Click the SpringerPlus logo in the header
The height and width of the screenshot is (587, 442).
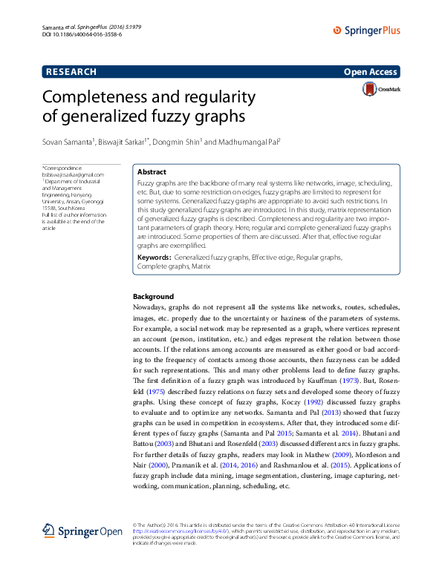tap(366, 30)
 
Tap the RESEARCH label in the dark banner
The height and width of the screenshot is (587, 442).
tap(71, 72)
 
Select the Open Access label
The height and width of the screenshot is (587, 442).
tap(371, 72)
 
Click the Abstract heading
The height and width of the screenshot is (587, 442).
tap(152, 171)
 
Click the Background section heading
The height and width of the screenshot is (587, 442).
tap(153, 296)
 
